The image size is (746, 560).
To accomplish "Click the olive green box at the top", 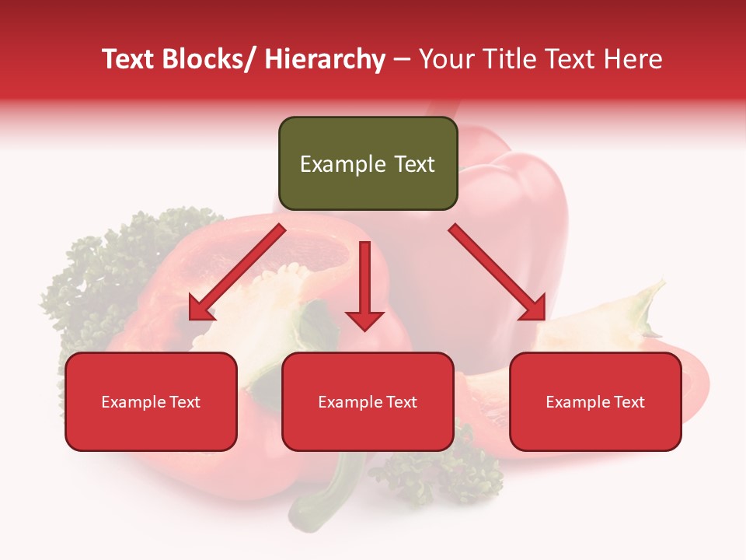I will coord(368,163).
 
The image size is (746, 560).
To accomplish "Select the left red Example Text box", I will coord(151,401).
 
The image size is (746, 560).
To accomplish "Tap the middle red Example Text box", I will coord(368,401).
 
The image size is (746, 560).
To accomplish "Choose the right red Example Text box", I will coord(595,401).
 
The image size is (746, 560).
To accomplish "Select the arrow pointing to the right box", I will coord(497,272).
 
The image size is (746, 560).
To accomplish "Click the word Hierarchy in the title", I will coord(325,59).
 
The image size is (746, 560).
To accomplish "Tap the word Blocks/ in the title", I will coord(209,59).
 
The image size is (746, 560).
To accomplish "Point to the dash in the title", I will coord(402,59).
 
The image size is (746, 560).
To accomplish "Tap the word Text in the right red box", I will coord(628,402).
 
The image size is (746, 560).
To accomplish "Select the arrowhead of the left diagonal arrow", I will coord(201,308).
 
